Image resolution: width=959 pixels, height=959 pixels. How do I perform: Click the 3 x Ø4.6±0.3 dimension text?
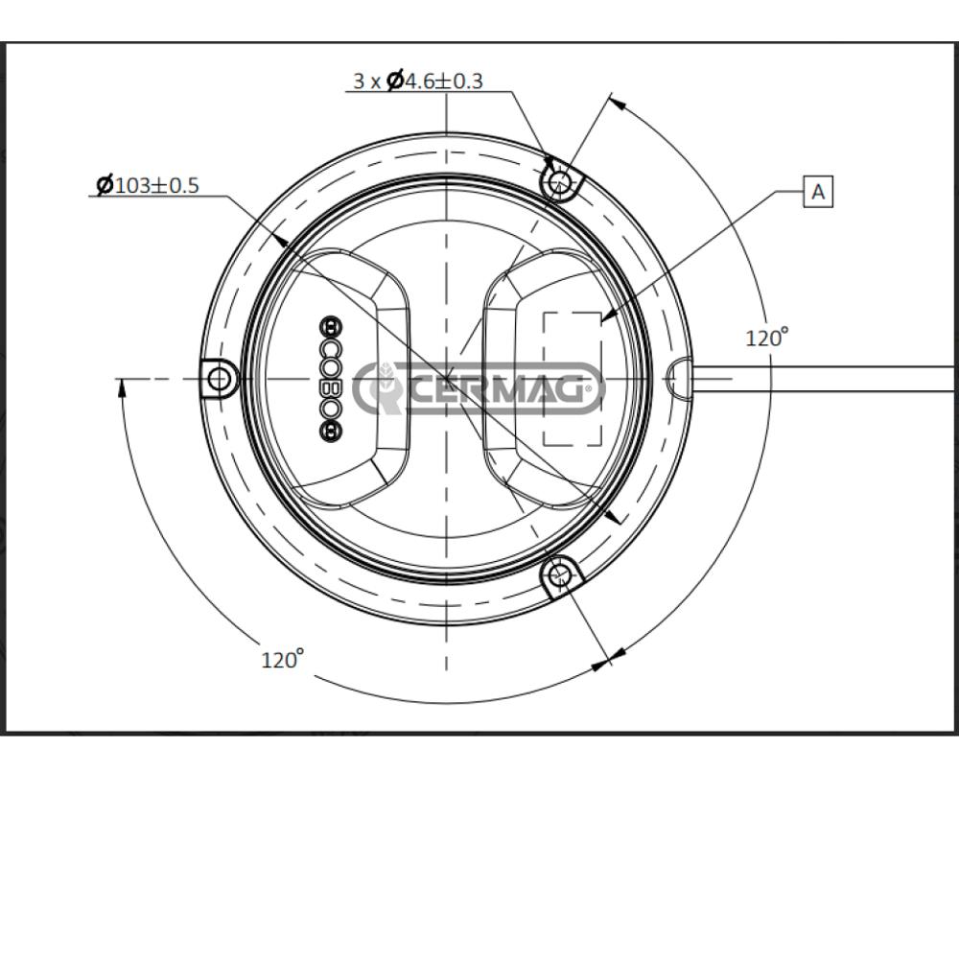tap(417, 82)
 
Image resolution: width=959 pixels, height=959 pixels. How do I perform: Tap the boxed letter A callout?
tap(818, 192)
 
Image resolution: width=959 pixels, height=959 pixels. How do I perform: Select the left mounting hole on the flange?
tap(220, 380)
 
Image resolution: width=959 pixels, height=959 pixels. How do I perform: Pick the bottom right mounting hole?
tap(562, 575)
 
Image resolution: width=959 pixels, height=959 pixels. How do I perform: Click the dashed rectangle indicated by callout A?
tap(573, 379)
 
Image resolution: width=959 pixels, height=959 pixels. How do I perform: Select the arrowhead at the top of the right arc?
tap(617, 103)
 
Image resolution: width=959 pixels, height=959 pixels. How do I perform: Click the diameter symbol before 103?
tap(105, 185)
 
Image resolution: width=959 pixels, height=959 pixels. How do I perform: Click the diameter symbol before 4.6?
tap(394, 82)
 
